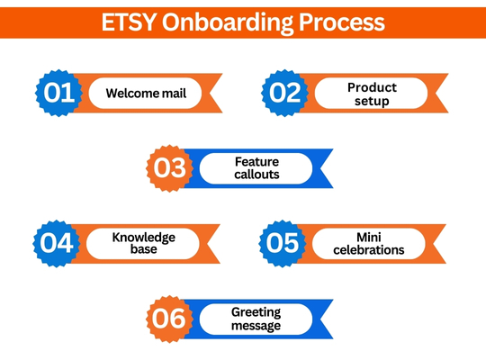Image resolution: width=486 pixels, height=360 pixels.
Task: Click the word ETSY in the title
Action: (129, 22)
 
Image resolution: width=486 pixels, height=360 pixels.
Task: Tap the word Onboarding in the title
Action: (228, 23)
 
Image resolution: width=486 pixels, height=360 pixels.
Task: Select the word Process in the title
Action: (342, 22)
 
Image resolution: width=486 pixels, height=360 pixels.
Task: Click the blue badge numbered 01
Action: (58, 93)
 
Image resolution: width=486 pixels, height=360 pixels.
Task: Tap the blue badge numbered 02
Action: (284, 93)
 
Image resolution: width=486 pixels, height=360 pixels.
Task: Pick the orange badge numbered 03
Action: (169, 168)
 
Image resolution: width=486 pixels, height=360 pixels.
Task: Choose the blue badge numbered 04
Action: (57, 243)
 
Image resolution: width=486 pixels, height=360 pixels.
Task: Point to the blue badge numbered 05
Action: (283, 243)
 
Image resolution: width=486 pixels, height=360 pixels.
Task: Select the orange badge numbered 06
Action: (169, 319)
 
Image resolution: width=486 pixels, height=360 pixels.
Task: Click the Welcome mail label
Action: (146, 93)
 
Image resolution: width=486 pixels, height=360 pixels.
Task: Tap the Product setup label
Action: (372, 94)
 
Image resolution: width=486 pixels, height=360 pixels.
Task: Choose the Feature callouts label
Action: (256, 168)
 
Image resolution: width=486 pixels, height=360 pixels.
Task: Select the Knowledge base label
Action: (143, 243)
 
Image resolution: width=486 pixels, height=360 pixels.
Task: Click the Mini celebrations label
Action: (369, 244)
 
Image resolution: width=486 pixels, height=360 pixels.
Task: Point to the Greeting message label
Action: (256, 319)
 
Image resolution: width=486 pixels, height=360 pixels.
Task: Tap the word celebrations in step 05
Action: (369, 250)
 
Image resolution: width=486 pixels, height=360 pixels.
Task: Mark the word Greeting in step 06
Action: (256, 312)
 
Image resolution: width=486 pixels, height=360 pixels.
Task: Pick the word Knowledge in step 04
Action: (143, 238)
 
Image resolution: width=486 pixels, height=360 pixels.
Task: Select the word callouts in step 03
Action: (256, 175)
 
